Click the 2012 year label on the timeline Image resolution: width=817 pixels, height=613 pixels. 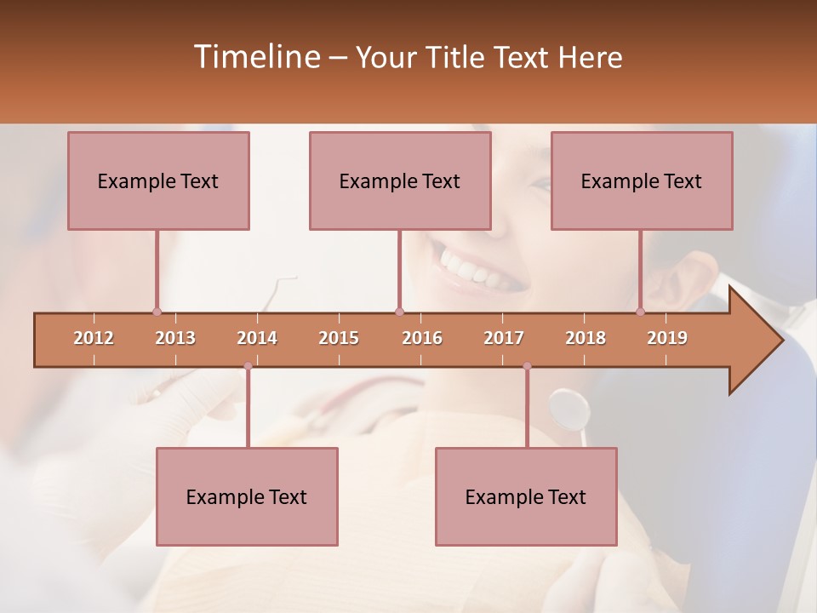point(94,338)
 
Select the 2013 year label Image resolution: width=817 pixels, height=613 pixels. point(175,338)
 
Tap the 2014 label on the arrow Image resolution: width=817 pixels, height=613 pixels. point(257,338)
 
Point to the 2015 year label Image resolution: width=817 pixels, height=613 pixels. point(339,338)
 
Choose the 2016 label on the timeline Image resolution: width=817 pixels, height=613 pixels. point(422,338)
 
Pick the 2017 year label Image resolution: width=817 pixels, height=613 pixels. point(504,338)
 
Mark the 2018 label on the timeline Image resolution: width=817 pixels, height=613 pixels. point(586,338)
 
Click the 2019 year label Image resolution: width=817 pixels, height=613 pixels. point(667,338)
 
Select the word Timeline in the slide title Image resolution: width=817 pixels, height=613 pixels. point(257,57)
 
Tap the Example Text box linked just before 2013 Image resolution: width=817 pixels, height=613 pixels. point(158,180)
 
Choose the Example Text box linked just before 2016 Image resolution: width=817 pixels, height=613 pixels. point(400,180)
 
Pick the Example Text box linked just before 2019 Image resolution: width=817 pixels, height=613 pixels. point(642,180)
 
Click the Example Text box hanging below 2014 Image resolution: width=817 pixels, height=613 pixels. point(247,496)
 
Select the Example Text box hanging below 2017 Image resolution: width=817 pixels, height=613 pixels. point(526,496)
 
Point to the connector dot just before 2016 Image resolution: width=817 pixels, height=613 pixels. point(400,312)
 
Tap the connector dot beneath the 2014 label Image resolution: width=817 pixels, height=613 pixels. point(248,366)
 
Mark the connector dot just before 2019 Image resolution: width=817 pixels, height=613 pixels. point(641,312)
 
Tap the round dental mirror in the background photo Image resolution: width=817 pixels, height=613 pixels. point(568,409)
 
